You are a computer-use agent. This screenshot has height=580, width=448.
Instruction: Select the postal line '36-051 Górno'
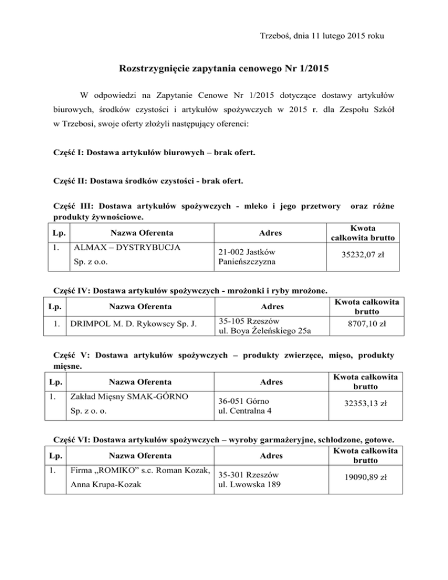tap(242, 401)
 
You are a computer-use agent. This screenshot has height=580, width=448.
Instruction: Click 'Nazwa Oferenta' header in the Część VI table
tap(137, 455)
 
